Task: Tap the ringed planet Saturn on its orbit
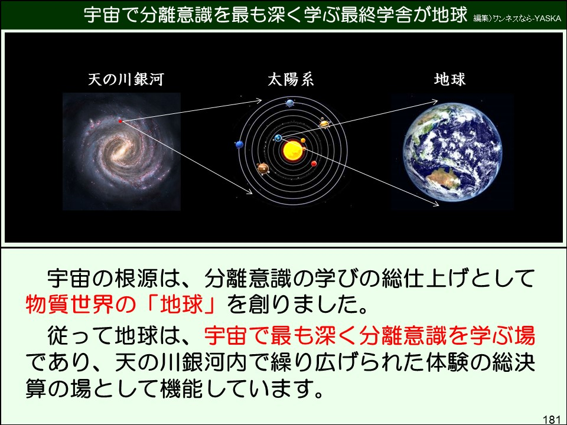click(x=324, y=123)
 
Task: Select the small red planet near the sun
click(x=314, y=164)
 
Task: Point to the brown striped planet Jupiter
click(x=263, y=169)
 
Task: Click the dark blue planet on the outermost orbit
click(x=239, y=144)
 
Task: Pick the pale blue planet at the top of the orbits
click(x=290, y=103)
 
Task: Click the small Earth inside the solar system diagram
click(x=278, y=138)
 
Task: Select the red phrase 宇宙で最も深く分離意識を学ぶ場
click(x=369, y=336)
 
